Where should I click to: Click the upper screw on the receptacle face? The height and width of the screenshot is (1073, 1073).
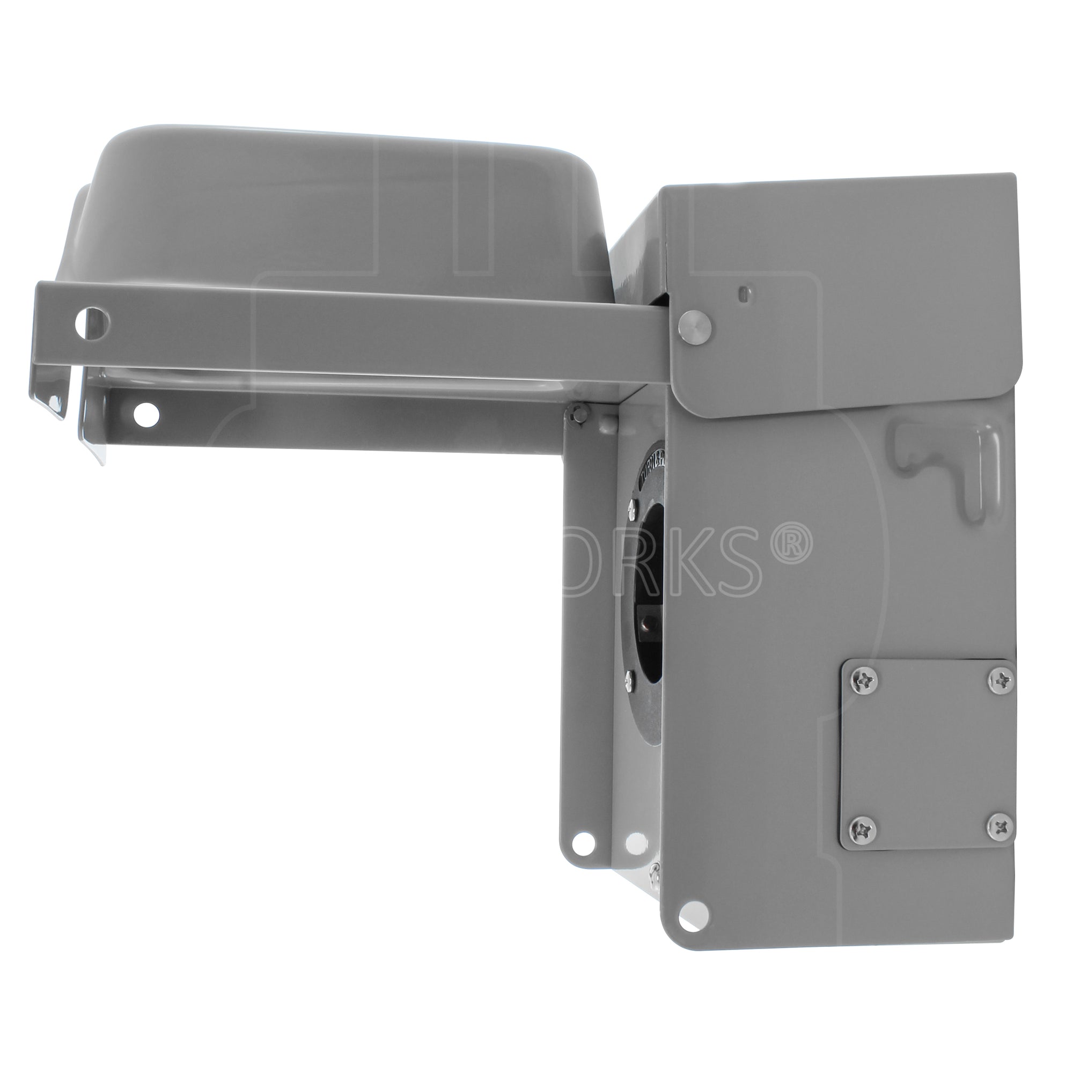coord(631,507)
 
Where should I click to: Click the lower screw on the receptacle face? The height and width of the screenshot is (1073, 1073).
coord(630,677)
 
